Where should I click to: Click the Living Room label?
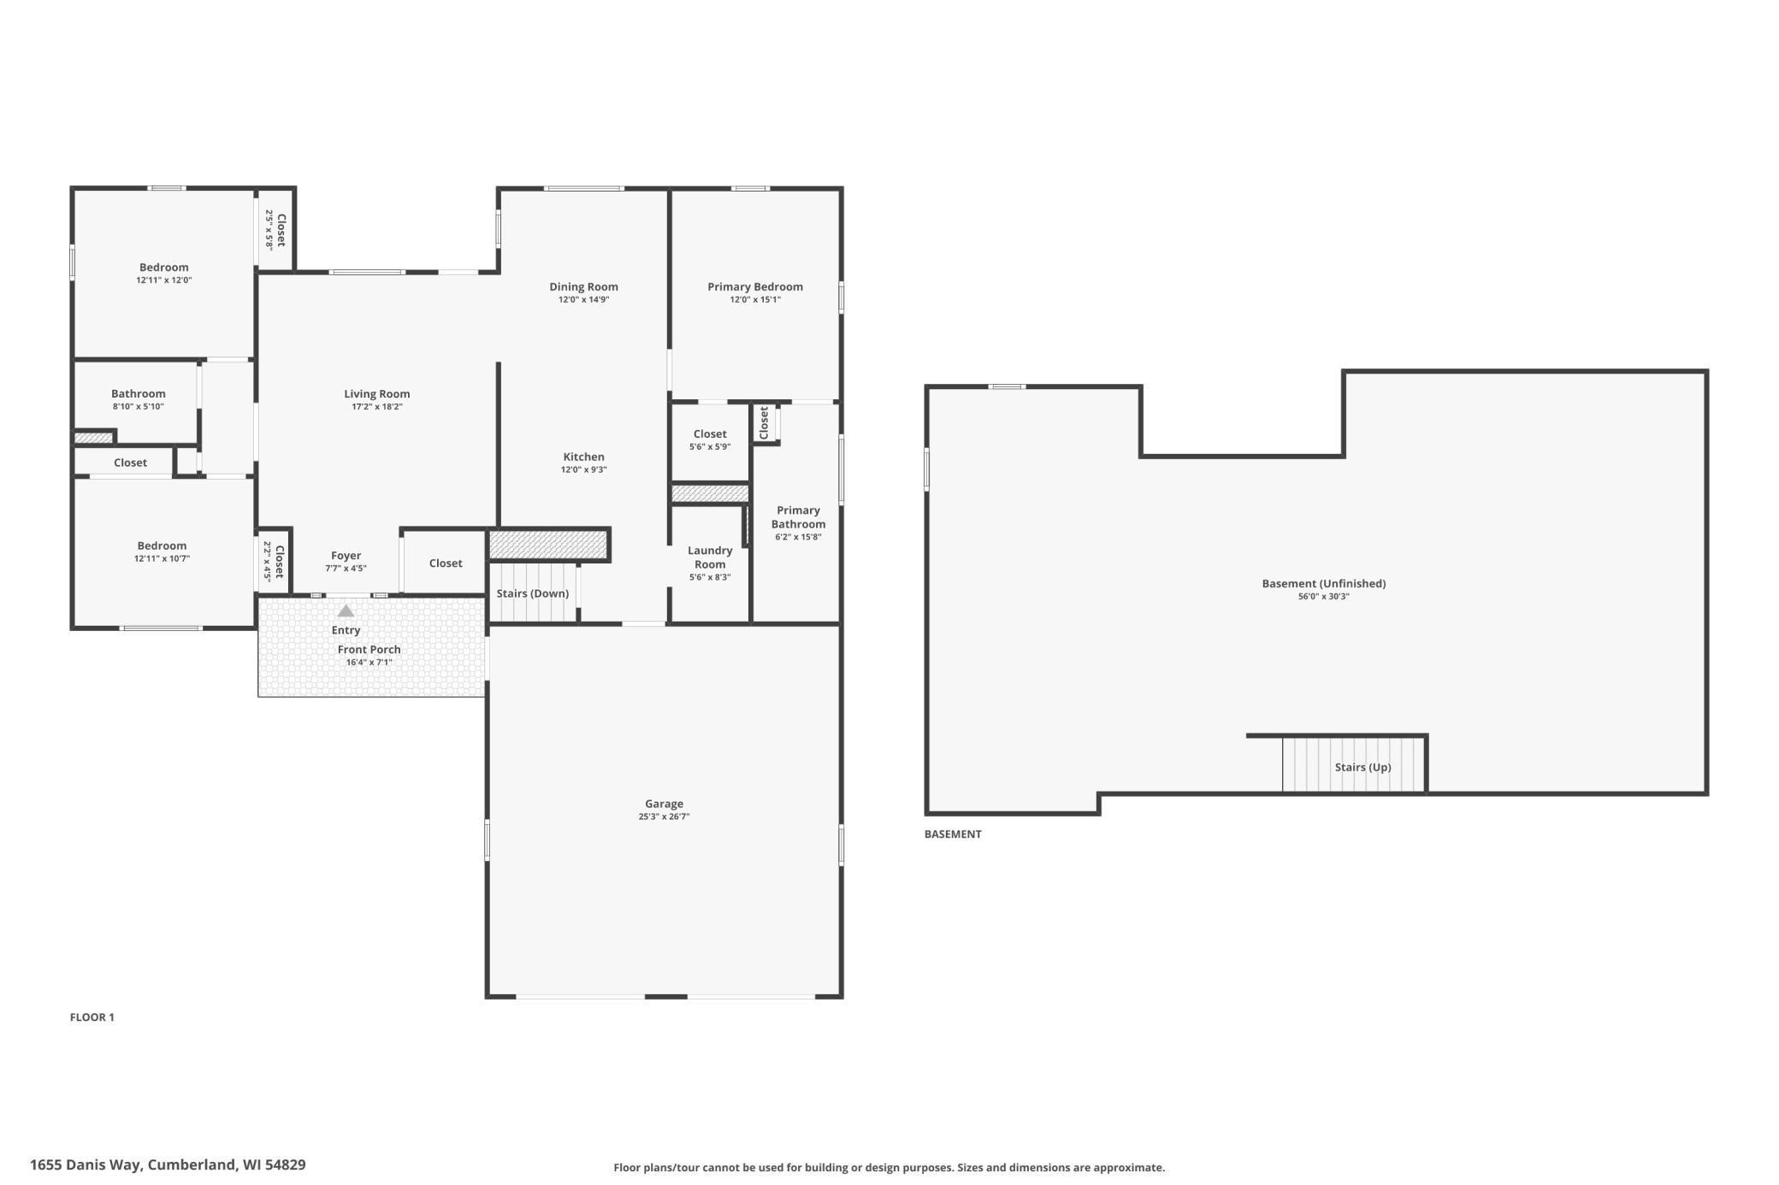(x=376, y=394)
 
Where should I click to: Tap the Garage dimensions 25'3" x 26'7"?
(x=664, y=817)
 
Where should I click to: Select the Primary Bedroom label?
(x=754, y=287)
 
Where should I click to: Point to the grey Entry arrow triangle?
(x=346, y=610)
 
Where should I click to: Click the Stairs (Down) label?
(x=532, y=593)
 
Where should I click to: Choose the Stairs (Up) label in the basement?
(x=1362, y=767)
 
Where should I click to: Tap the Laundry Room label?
(x=710, y=557)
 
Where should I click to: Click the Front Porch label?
(x=369, y=650)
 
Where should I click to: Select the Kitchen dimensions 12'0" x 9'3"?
(x=583, y=469)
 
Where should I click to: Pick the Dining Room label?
(x=583, y=287)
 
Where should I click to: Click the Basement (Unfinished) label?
(x=1323, y=584)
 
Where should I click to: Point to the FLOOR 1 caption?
(x=92, y=1017)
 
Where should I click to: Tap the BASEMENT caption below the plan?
(x=953, y=834)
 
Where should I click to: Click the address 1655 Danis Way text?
(x=168, y=1164)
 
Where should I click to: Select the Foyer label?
(x=346, y=556)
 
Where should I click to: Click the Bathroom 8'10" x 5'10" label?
(x=138, y=394)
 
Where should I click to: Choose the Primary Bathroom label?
(x=798, y=517)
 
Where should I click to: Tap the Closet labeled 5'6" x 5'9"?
(x=710, y=434)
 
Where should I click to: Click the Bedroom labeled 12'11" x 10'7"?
(x=162, y=546)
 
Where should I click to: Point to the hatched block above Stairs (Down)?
(x=547, y=545)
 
